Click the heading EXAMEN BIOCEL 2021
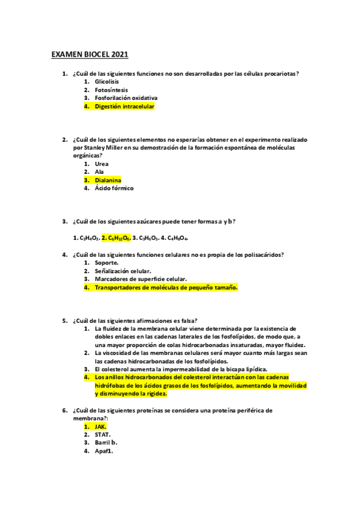90,55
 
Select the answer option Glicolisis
107,81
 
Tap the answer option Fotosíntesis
111,90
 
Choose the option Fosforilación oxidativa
126,98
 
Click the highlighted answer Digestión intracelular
124,106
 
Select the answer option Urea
102,164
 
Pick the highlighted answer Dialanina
108,180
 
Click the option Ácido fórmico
114,188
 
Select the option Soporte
107,263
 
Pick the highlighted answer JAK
100,426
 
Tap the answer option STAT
102,434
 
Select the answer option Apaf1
104,450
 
